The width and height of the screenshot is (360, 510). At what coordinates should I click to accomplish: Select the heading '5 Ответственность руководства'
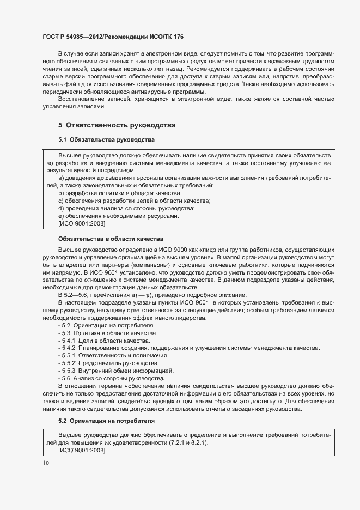click(x=117, y=125)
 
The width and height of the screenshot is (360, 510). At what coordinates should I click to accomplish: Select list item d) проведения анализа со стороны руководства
click(x=126, y=208)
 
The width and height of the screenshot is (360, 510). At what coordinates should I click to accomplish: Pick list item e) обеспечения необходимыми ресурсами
click(x=118, y=216)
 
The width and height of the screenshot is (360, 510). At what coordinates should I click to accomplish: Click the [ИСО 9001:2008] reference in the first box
click(x=81, y=223)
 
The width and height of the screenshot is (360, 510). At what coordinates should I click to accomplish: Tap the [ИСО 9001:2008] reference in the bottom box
click(x=81, y=451)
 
